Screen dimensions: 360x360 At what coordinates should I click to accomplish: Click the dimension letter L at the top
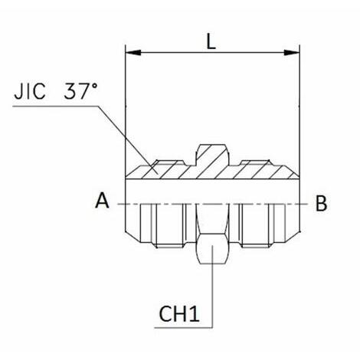(211, 41)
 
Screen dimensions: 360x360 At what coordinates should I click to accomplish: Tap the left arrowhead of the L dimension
(133, 53)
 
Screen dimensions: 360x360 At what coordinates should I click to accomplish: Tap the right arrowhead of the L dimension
(292, 53)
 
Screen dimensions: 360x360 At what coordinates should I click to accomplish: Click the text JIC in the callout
(30, 91)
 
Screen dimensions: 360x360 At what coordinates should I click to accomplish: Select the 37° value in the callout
(80, 91)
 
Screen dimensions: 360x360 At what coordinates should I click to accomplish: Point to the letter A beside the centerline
(102, 201)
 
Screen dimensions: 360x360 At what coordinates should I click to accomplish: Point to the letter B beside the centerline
(321, 204)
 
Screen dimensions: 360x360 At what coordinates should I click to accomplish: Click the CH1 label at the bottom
(179, 314)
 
